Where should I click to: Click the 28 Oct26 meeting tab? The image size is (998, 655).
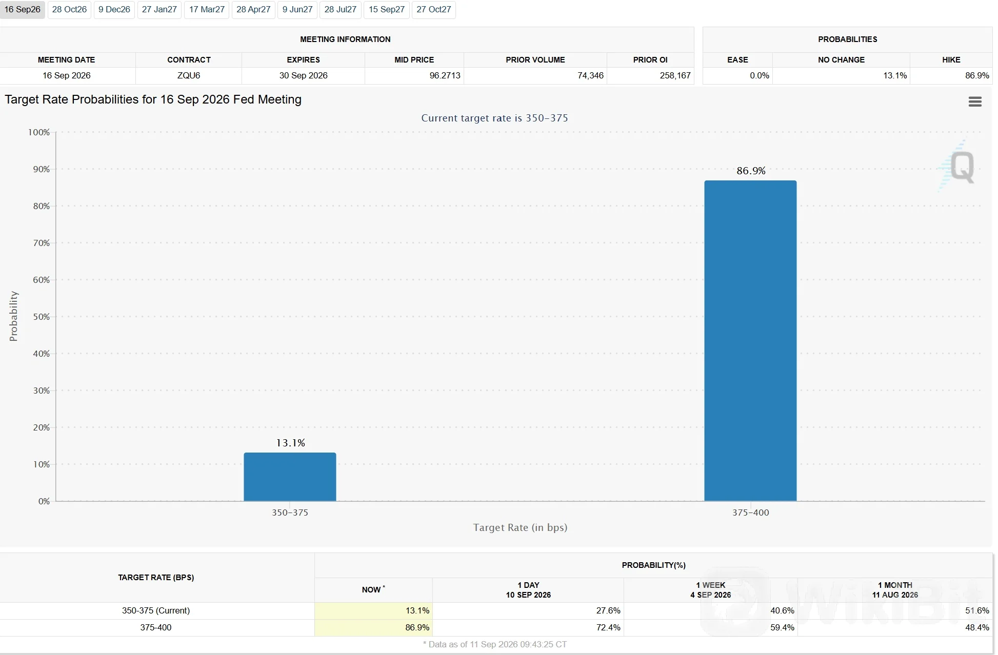tap(69, 10)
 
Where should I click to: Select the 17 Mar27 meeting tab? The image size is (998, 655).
tap(207, 10)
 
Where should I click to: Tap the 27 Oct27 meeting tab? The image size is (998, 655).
tap(433, 10)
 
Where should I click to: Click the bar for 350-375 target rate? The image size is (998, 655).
tap(290, 477)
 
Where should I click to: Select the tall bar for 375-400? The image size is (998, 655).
tap(750, 341)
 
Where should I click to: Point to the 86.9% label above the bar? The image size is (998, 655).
tap(751, 171)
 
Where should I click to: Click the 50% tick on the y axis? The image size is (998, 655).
tap(42, 317)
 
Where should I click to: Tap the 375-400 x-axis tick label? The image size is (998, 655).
tap(750, 513)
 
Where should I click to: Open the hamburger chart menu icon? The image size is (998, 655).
tap(975, 101)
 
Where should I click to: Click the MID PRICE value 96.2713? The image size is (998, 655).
tap(445, 75)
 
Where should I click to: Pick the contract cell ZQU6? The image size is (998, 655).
tap(189, 75)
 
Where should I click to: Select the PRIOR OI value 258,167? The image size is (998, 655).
tap(675, 75)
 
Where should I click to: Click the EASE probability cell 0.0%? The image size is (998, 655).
tap(759, 75)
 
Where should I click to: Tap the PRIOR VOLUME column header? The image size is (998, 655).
tap(535, 60)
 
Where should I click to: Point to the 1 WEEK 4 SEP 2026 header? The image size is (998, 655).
tap(710, 590)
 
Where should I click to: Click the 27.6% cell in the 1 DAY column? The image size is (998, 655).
tap(608, 610)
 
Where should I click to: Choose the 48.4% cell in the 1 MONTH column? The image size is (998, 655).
tap(977, 627)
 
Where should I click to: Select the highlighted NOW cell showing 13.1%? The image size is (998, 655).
tap(373, 610)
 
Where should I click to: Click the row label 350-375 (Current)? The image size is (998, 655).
tap(156, 610)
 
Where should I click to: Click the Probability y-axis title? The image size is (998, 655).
tap(14, 316)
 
